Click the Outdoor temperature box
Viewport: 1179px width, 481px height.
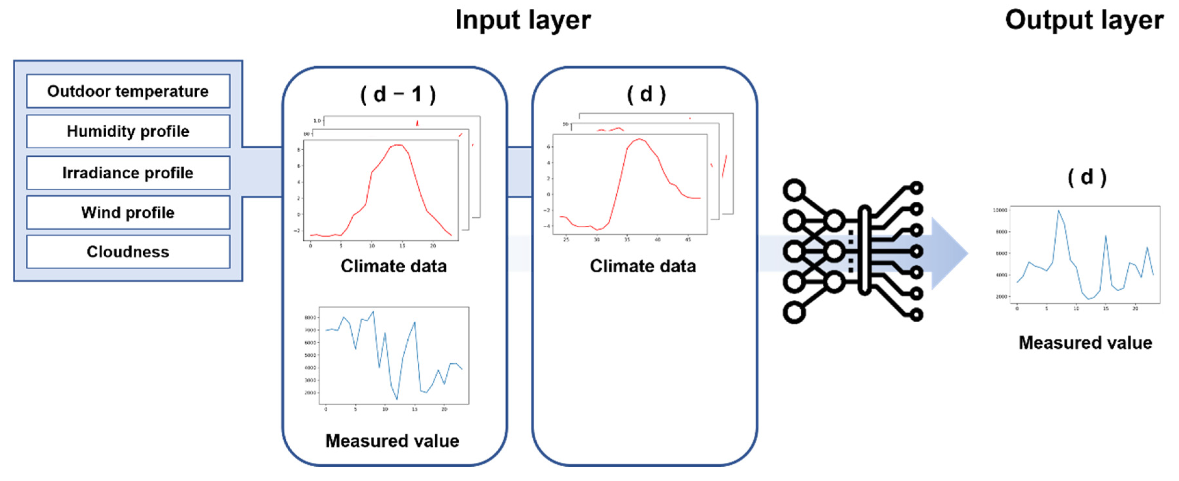click(128, 91)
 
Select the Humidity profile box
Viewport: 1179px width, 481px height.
click(128, 131)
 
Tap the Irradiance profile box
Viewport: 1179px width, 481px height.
click(128, 173)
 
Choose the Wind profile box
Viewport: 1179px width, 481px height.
click(128, 213)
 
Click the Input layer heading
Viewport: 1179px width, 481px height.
click(523, 20)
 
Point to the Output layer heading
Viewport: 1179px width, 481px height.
click(1084, 20)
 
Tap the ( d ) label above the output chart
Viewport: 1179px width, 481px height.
click(1087, 177)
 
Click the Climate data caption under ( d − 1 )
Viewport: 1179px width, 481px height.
click(394, 266)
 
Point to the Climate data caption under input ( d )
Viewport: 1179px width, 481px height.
click(643, 266)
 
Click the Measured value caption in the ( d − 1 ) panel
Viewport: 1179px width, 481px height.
click(392, 441)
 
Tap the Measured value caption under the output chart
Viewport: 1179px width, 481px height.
click(1085, 343)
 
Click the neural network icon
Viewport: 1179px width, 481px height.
click(852, 251)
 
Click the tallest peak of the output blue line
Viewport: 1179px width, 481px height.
click(1058, 211)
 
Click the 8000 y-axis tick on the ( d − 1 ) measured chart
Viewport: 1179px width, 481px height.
click(310, 317)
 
